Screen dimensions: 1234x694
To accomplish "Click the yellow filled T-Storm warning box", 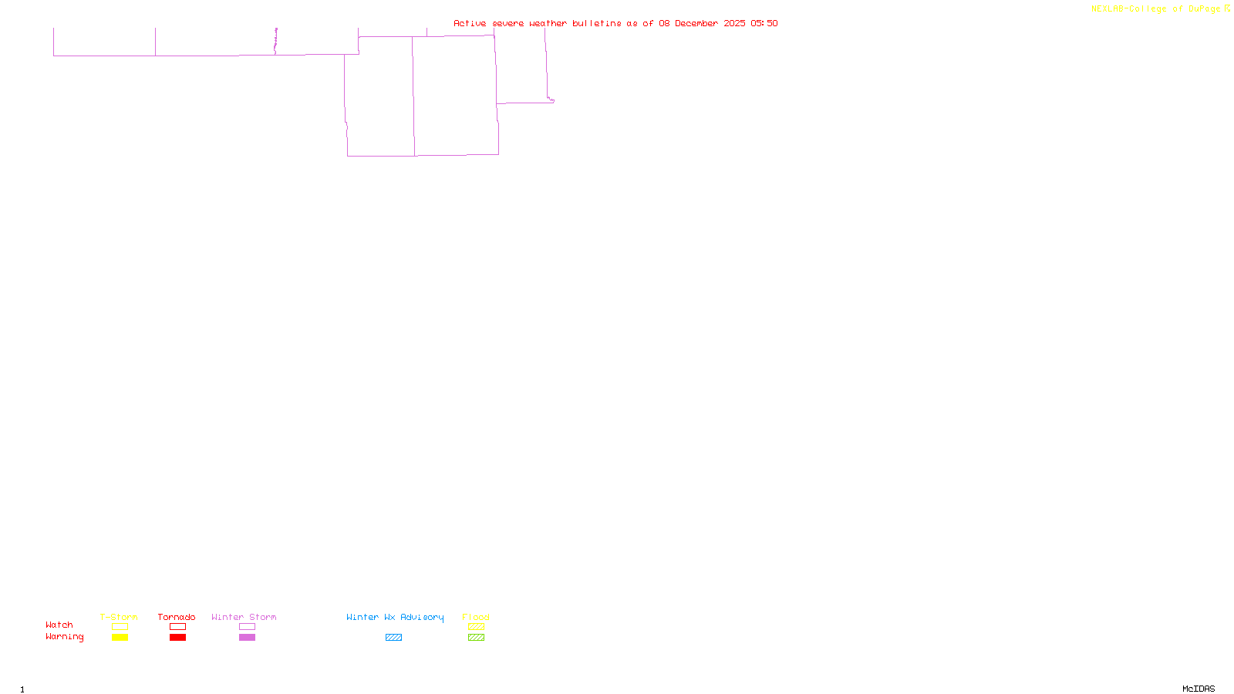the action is pos(120,638).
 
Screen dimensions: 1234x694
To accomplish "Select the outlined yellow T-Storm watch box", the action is pos(120,627).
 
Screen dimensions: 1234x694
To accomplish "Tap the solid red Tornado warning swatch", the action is pos(177,638).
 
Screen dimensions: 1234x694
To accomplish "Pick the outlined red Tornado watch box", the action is pos(177,627).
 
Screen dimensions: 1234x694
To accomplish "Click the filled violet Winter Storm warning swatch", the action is pos(247,638).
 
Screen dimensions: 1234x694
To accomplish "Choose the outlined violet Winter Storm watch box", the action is pos(247,627).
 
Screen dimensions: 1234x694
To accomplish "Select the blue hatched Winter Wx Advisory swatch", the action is pos(393,638).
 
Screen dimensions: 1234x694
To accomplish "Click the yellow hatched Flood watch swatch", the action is pos(476,627).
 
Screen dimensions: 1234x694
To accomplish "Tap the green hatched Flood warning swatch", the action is pos(476,638).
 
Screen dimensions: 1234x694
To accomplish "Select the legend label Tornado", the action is pos(177,617).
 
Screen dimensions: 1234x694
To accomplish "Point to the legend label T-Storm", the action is pos(119,617).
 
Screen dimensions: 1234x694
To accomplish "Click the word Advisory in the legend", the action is pos(422,617).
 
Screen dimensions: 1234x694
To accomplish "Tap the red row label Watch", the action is pos(59,625).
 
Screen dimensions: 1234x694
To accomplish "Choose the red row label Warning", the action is pos(65,637).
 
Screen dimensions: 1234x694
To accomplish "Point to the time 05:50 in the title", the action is pos(764,23).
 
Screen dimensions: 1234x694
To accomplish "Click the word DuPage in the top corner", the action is pos(1204,9).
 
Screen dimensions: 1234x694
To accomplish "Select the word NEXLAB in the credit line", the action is pos(1108,9).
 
